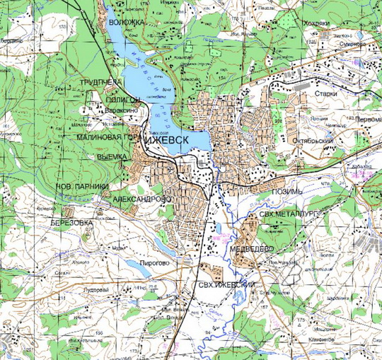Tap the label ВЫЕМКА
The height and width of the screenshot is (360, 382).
tap(112, 156)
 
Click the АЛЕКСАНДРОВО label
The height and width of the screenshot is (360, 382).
tap(141, 200)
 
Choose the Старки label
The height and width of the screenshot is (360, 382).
tap(335, 93)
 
